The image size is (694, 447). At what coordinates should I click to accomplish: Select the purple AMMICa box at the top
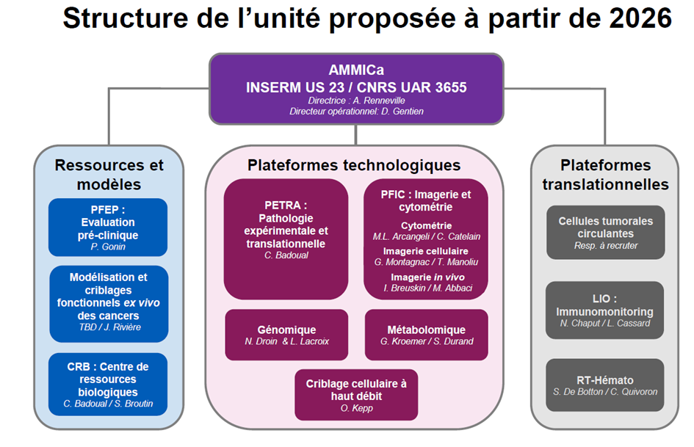(356, 88)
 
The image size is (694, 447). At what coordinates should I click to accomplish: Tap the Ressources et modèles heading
(109, 175)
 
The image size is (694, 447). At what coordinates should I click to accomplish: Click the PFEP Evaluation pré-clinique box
(108, 227)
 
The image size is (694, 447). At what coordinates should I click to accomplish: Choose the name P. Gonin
(108, 247)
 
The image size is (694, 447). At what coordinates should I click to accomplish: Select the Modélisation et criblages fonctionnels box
(109, 301)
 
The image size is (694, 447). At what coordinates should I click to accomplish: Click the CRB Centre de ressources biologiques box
(108, 384)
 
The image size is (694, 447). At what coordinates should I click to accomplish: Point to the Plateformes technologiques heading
(354, 165)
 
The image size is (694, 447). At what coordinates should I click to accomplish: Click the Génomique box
(286, 335)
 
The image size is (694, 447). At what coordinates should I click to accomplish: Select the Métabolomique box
(426, 335)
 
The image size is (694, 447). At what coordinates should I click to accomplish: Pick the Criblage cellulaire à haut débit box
(355, 395)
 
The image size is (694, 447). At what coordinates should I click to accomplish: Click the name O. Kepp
(355, 408)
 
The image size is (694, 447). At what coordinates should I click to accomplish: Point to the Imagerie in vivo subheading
(427, 277)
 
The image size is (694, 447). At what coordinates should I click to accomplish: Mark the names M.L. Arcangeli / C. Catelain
(427, 236)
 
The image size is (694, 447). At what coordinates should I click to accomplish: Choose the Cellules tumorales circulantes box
(605, 232)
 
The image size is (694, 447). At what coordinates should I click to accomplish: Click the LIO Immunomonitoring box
(605, 310)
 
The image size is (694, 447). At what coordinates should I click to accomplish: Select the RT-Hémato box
(605, 385)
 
